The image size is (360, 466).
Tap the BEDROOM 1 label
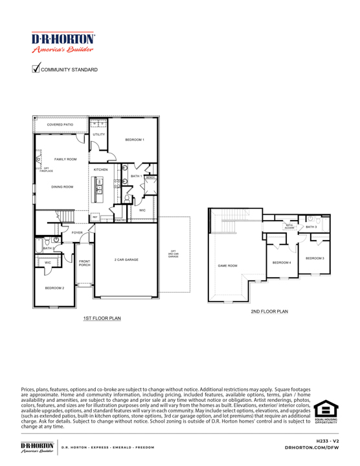pos(135,140)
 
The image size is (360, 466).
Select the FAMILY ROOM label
pos(66,159)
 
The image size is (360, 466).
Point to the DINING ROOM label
pos(63,186)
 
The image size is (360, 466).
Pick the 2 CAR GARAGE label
pos(127,259)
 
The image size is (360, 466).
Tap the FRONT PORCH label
pos(85,263)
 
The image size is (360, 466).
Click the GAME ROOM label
pos(227,265)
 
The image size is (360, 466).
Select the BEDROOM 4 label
pos(282,262)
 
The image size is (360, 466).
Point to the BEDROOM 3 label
pos(315,258)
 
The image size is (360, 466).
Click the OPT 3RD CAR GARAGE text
pos(173,254)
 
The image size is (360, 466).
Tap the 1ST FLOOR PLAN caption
pos(101,318)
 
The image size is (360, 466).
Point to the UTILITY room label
pos(98,135)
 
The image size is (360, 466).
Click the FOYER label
pos(77,232)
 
